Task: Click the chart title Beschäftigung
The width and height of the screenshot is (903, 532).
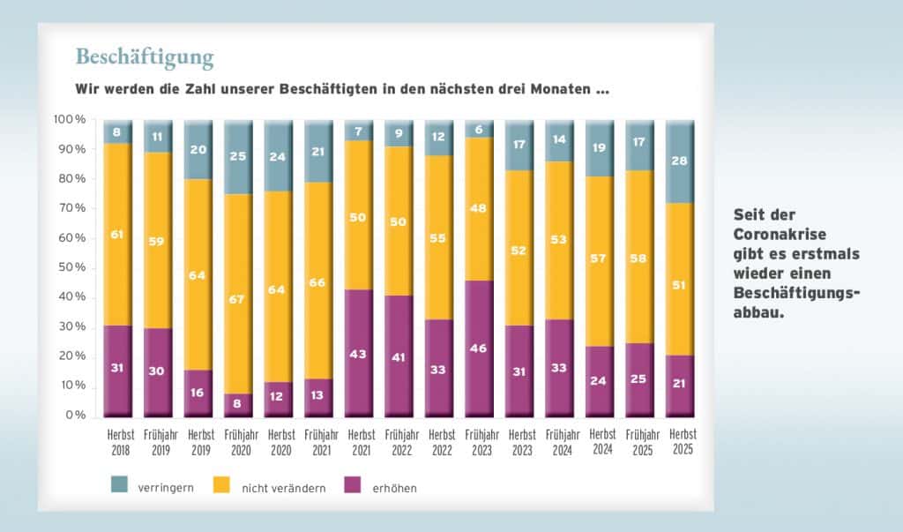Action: point(145,57)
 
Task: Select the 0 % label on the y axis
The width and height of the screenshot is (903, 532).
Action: point(72,416)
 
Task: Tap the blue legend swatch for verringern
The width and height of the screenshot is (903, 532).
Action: point(119,484)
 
